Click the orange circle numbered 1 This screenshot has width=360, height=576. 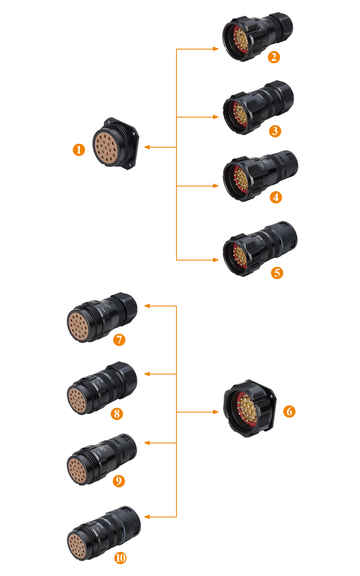click(x=79, y=150)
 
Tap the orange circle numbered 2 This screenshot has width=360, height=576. click(x=274, y=57)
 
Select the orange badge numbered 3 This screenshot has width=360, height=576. click(x=275, y=131)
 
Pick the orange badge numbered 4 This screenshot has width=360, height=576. click(x=276, y=197)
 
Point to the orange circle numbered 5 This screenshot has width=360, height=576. click(x=277, y=272)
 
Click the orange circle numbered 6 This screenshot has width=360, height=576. click(x=289, y=411)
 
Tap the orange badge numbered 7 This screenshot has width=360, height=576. click(x=119, y=340)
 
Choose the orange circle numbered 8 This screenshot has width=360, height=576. click(x=117, y=414)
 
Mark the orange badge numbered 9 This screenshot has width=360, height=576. click(x=118, y=481)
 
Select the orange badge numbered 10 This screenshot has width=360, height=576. click(x=120, y=558)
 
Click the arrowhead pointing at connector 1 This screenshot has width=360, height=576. click(x=147, y=147)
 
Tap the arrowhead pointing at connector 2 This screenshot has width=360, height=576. click(x=216, y=49)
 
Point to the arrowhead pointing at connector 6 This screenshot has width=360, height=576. click(x=216, y=412)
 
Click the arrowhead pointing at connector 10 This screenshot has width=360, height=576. click(x=147, y=517)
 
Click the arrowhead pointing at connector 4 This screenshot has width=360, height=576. click(x=216, y=186)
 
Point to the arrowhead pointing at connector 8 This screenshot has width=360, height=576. click(x=147, y=374)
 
